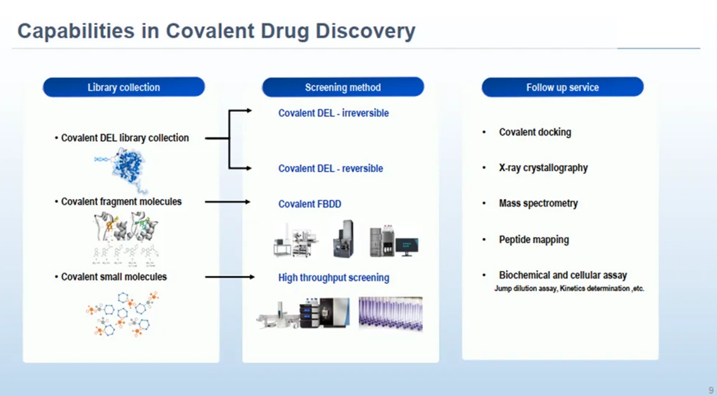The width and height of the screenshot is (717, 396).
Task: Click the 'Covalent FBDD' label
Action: point(310,204)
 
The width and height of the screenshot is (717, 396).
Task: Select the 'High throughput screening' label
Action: point(334,278)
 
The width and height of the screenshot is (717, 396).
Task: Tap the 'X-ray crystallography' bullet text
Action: point(543,168)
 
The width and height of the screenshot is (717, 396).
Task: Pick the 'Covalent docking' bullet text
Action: point(535,132)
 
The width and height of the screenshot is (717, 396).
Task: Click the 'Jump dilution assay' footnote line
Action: point(569,288)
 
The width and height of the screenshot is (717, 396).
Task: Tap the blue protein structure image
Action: point(128,167)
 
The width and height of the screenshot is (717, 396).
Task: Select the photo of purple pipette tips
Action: point(391,314)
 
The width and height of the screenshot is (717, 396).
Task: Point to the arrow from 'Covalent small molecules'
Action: point(230,277)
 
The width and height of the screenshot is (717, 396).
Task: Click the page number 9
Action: point(711,390)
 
